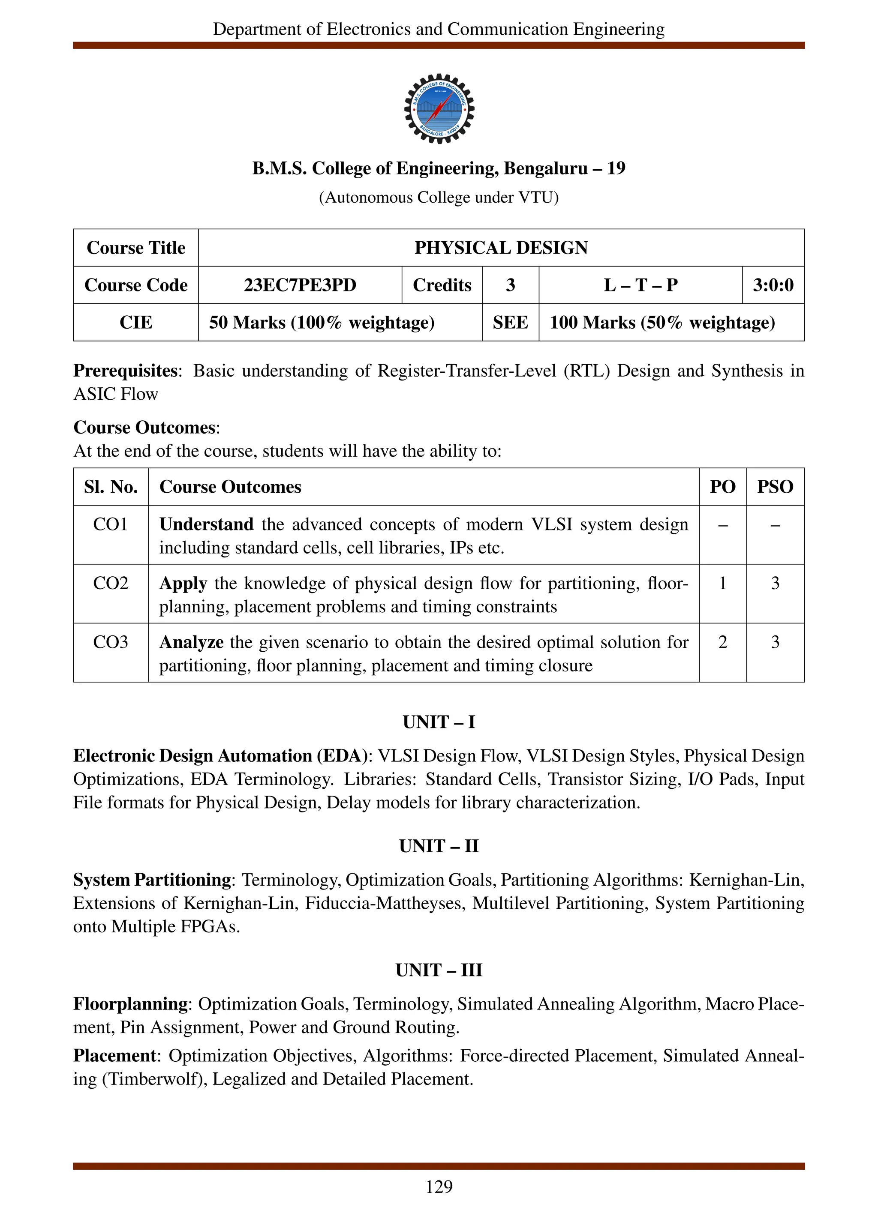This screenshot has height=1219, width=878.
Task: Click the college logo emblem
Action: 439,108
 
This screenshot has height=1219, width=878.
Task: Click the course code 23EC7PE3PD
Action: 300,285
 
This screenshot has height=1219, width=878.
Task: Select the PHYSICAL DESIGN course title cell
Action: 501,248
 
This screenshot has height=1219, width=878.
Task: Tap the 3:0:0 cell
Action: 773,285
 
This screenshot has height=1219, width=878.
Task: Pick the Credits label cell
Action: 442,285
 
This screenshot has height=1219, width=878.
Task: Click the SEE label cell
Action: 510,323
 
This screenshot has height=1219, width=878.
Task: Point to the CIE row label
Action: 135,323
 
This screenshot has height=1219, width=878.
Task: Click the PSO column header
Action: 775,487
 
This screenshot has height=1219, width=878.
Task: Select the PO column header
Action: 722,487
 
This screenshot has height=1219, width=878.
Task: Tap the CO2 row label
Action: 110,583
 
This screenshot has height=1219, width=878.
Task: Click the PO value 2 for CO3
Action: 722,642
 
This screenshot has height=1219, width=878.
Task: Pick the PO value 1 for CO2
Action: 722,583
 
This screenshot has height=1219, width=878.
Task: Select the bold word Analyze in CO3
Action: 191,642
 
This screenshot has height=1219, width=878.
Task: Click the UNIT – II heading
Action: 439,846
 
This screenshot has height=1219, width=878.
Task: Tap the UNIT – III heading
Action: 439,970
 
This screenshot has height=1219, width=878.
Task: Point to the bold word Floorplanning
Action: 130,1004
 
